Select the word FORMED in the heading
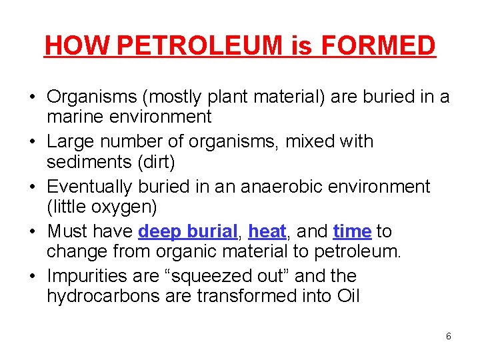point(378,45)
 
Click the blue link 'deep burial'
point(188,231)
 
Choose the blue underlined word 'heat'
point(267,231)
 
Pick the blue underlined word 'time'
point(352,231)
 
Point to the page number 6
point(448,336)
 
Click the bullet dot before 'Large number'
point(32,142)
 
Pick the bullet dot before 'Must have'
point(32,232)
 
